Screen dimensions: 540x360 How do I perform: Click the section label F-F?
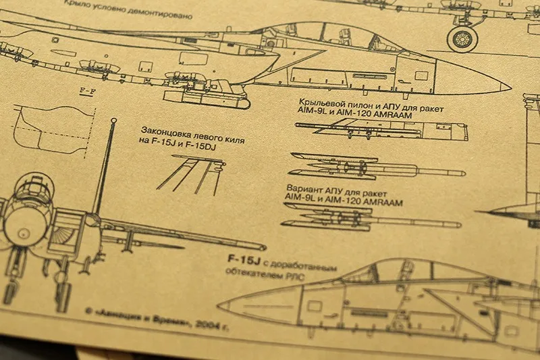click(86, 90)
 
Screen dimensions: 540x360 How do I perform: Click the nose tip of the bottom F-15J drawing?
click(220, 305)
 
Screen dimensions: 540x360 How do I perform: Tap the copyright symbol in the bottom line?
click(90, 313)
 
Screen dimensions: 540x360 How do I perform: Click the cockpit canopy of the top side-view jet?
click(324, 34)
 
